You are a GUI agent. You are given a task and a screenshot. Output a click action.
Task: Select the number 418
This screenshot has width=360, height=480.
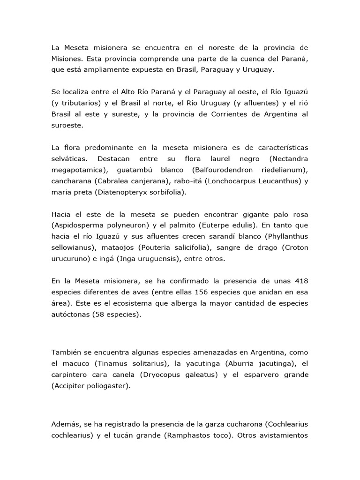point(300,281)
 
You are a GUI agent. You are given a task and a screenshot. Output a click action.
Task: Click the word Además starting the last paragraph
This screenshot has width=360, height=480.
point(65,424)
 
